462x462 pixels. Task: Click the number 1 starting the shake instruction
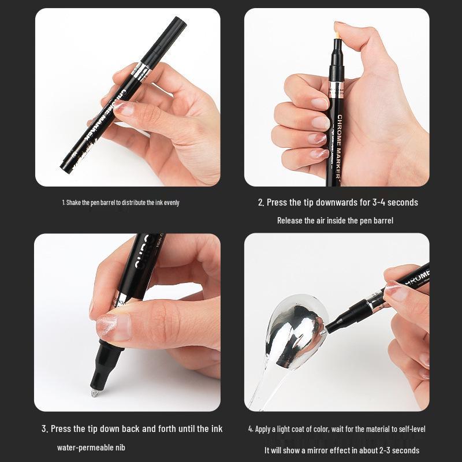[64, 203]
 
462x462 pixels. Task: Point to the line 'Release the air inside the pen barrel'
[335, 221]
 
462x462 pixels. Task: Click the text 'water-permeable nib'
[91, 448]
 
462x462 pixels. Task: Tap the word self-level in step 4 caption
[411, 429]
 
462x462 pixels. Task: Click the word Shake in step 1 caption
[74, 203]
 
